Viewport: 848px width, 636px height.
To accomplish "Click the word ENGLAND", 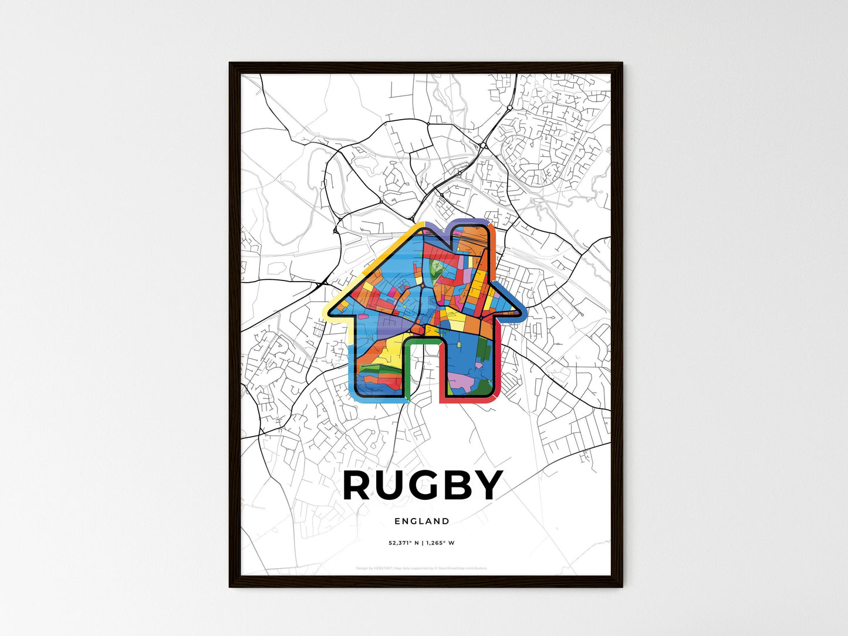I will point(422,521).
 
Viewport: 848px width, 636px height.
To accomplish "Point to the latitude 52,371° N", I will point(400,543).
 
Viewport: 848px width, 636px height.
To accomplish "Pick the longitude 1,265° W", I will point(440,543).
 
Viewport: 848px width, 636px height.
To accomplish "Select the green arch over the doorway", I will point(423,339).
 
